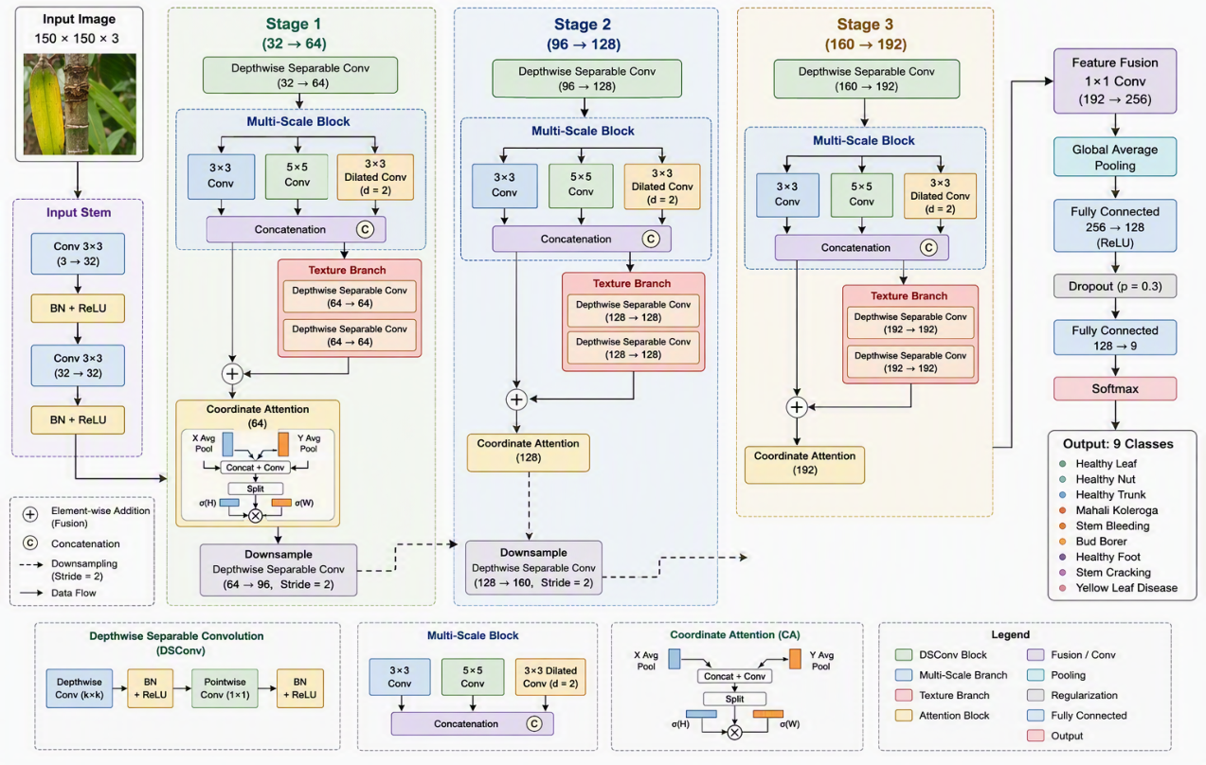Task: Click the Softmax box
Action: [1114, 388]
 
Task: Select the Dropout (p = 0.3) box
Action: [1114, 286]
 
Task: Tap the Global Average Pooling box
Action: [1114, 157]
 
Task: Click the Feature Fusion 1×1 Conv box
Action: [1114, 80]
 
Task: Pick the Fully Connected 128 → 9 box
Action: [1114, 338]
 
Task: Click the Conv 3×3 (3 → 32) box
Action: [78, 254]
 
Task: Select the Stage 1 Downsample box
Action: [279, 570]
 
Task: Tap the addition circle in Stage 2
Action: [516, 400]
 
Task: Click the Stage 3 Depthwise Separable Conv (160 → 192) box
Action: [866, 80]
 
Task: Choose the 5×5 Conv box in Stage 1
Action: [297, 177]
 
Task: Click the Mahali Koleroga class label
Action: [1117, 510]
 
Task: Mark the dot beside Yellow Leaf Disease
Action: [1062, 588]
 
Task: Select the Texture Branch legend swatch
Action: [904, 695]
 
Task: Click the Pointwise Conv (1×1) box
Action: [225, 688]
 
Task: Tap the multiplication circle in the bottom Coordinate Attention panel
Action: [734, 732]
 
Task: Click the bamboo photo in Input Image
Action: [80, 104]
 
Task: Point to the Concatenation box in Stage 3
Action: [861, 247]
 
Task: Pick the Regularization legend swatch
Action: [1035, 695]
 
